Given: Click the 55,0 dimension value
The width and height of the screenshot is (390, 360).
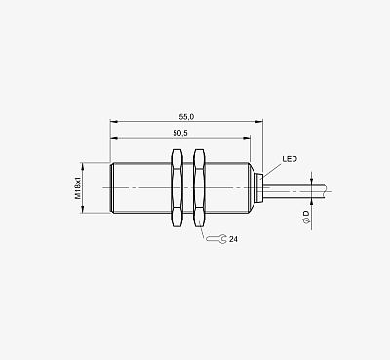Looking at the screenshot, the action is (186, 116).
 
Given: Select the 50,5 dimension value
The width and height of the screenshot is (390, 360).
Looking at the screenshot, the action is (180, 133).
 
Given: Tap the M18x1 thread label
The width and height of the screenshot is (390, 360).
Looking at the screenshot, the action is (78, 188).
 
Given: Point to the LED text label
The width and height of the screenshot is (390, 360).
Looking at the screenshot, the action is (290, 159).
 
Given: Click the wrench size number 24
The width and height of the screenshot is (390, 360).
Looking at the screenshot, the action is (233, 239).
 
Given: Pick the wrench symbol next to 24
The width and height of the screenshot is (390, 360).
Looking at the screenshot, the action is (216, 239).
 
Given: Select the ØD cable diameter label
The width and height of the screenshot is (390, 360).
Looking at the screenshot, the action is (306, 217).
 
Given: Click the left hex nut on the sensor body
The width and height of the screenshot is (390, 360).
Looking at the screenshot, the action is (176, 187).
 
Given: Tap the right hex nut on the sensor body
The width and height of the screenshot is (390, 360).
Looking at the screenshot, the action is (199, 187).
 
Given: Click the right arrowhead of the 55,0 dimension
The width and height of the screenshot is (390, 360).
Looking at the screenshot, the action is (259, 122).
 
